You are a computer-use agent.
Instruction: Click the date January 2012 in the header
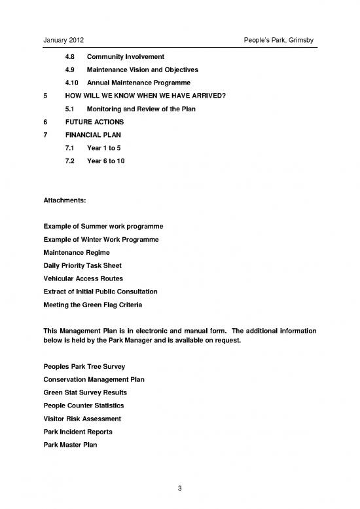(x=63, y=42)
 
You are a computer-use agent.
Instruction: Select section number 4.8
(x=69, y=56)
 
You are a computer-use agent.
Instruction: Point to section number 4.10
(x=72, y=83)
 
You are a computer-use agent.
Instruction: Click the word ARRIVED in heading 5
(x=206, y=96)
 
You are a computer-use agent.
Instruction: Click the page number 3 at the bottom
(x=180, y=487)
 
